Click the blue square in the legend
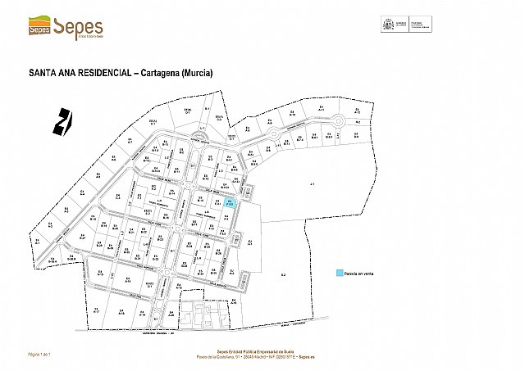click(x=338, y=274)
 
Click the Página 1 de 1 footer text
click(x=40, y=354)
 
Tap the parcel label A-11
click(x=322, y=109)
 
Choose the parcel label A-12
click(x=356, y=111)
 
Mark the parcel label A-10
click(x=293, y=115)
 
